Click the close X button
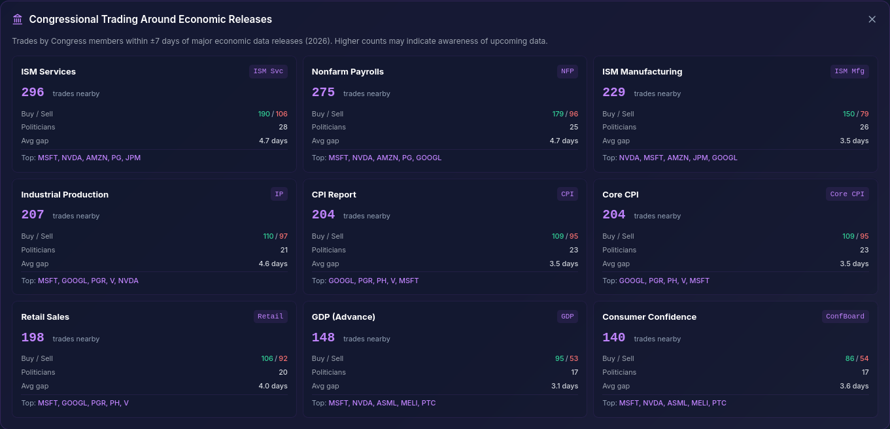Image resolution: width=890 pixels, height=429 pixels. (x=872, y=20)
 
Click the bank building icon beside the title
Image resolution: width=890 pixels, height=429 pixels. (x=18, y=20)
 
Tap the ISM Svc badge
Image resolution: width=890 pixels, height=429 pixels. (x=268, y=71)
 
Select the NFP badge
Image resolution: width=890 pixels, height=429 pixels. (x=567, y=71)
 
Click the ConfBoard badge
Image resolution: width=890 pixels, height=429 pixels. (x=845, y=317)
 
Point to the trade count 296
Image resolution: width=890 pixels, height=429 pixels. (x=33, y=93)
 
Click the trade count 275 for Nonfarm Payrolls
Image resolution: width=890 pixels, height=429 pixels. (x=323, y=93)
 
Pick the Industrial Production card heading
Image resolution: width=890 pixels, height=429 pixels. (x=65, y=194)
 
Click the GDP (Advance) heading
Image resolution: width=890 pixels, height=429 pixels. (x=343, y=317)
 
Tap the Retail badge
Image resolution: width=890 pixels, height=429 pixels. (x=270, y=317)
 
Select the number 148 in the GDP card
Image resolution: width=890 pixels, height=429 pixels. (x=323, y=338)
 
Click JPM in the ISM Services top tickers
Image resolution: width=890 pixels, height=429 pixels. (x=133, y=158)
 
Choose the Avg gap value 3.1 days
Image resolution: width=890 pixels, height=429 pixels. (x=564, y=386)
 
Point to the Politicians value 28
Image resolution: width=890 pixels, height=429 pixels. (x=282, y=127)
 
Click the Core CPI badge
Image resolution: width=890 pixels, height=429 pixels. (x=847, y=194)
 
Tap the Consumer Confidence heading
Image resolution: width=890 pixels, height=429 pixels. (x=649, y=317)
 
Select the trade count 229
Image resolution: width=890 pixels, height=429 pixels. (x=613, y=93)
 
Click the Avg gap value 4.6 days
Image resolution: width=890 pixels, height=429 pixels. (x=273, y=264)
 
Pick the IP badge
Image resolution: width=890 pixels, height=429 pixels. (x=279, y=194)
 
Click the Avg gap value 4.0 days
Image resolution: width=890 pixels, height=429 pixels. (x=273, y=386)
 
